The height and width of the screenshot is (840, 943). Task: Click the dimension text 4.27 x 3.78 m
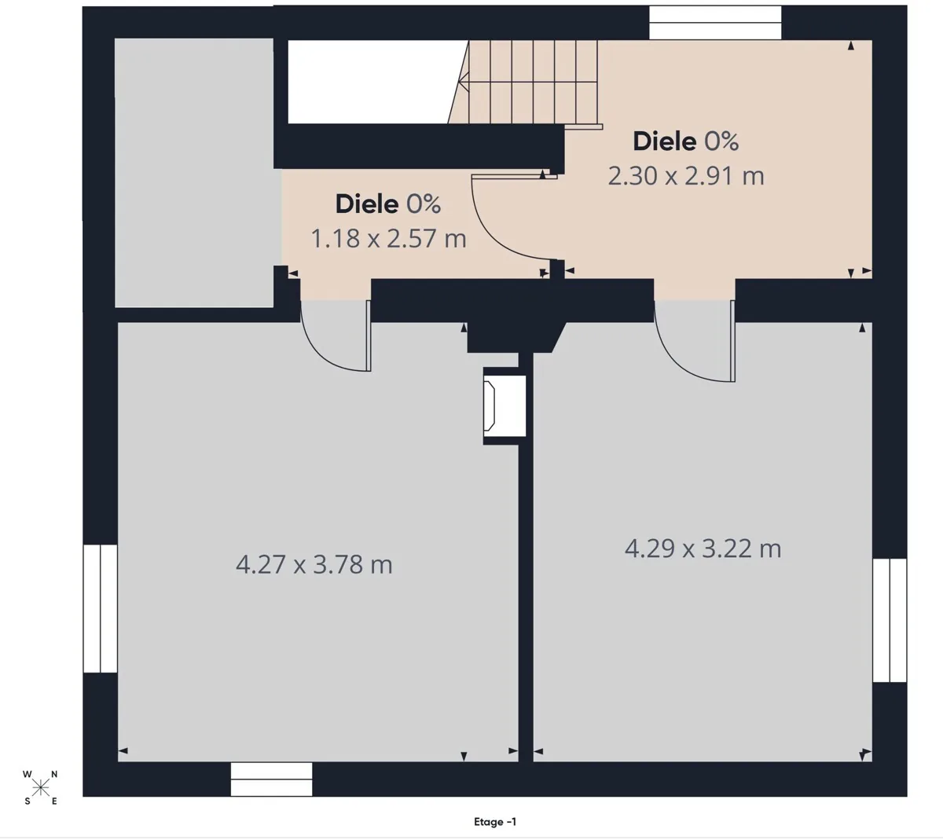pos(314,564)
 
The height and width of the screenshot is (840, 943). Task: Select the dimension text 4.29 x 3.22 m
pos(703,548)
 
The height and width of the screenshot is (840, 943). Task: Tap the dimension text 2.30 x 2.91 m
pos(686,176)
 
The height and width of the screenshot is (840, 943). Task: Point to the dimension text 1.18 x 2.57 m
pos(388,239)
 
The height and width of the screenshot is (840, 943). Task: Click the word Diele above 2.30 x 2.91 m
pos(665,141)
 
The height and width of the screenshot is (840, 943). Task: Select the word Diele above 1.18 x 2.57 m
pos(367,204)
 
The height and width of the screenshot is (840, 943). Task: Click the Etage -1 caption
pos(495,822)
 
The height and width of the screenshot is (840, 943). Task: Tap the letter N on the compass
pos(54,774)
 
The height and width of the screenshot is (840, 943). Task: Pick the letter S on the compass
pos(28,801)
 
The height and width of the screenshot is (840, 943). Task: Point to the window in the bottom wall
pos(271,779)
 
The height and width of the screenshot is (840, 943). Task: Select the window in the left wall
pos(100,608)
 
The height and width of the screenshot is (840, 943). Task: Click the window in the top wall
pos(715,23)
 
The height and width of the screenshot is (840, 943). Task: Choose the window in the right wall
pos(890,620)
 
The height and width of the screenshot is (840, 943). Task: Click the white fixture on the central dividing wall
pos(505,405)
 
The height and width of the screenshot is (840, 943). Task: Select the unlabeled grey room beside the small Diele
pos(193,173)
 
